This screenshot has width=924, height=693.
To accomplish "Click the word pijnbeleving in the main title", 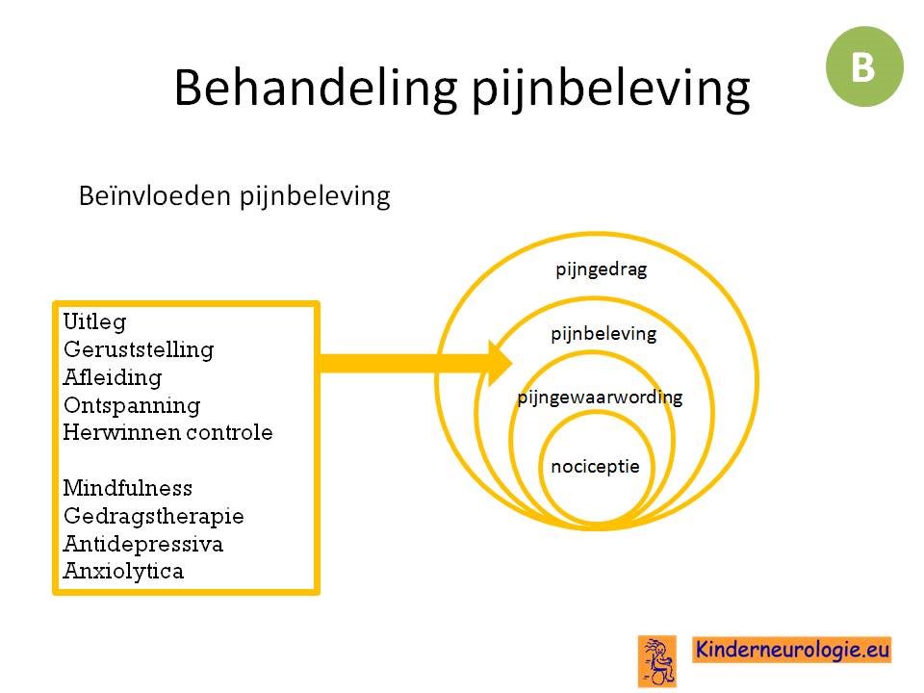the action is [611, 90].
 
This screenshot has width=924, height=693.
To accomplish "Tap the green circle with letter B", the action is [864, 66].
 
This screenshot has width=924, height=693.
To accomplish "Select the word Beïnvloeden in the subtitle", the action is [154, 195].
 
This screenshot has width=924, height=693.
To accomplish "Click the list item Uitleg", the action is [94, 322].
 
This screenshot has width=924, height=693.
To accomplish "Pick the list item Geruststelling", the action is [139, 349].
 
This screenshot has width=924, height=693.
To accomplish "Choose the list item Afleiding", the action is [113, 377].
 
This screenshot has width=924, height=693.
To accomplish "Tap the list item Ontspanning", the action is [132, 405].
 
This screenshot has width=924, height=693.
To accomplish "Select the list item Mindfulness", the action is [128, 488].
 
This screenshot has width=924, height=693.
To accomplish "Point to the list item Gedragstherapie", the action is [153, 516].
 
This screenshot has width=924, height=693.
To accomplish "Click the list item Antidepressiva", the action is [143, 543].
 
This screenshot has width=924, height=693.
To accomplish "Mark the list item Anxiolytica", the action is [123, 571].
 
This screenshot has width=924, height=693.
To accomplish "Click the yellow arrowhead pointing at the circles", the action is [500, 364].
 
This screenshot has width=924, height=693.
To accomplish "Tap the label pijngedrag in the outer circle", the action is [601, 269].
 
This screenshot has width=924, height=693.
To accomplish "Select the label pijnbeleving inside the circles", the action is [603, 334].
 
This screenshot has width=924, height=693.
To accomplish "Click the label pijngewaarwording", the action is [600, 398].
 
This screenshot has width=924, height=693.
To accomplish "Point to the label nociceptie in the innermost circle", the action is [595, 467].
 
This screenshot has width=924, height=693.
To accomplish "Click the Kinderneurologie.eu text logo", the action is [791, 650].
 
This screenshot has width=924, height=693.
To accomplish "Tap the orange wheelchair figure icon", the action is [657, 661].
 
